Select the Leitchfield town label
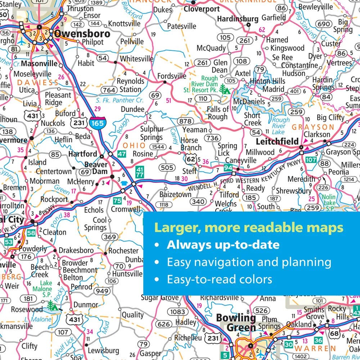[x=277, y=141]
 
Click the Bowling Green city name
[x=236, y=323]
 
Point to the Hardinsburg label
[x=238, y=19]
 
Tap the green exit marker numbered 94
[x=228, y=167]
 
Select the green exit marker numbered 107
[x=310, y=159]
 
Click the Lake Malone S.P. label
[x=46, y=289]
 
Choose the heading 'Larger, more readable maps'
[x=248, y=228]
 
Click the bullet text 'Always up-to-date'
[x=223, y=245]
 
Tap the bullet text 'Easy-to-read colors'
[x=219, y=279]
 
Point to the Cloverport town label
[x=202, y=9]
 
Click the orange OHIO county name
[x=134, y=145]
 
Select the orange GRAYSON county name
[x=313, y=127]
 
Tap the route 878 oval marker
[x=185, y=121]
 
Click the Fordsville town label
[x=172, y=76]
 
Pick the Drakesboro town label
[x=76, y=250]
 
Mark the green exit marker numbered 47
[x=122, y=154]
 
